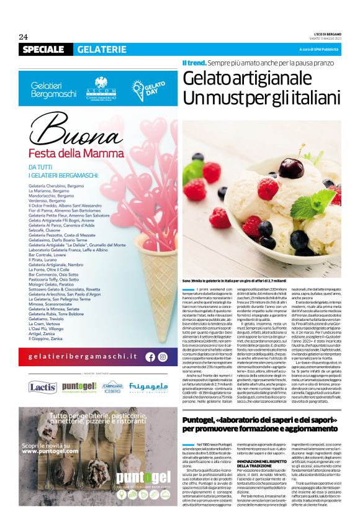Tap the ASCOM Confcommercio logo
point(101,87)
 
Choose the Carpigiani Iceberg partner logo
point(111,387)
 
